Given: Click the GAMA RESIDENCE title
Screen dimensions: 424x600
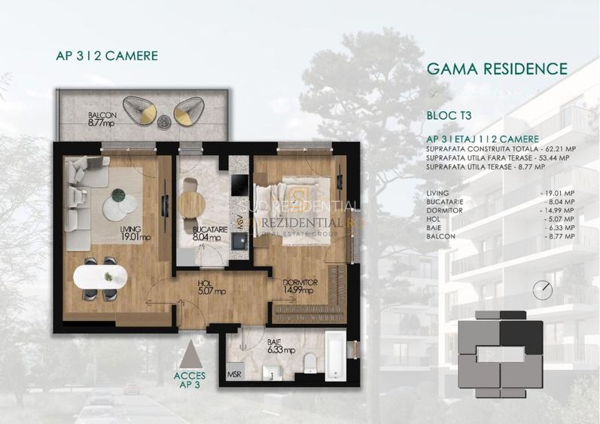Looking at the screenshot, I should point(496,69).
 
